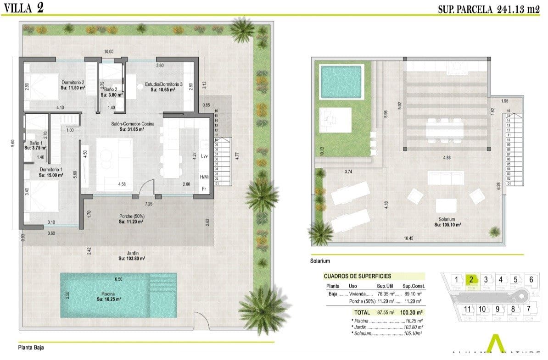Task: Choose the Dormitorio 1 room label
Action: click(51, 172)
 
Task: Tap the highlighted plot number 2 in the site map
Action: click(470, 279)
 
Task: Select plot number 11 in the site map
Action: click(467, 309)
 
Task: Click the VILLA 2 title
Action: click(23, 8)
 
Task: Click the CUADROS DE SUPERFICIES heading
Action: click(357, 276)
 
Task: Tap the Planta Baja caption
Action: click(31, 347)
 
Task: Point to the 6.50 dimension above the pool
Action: click(118, 279)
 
